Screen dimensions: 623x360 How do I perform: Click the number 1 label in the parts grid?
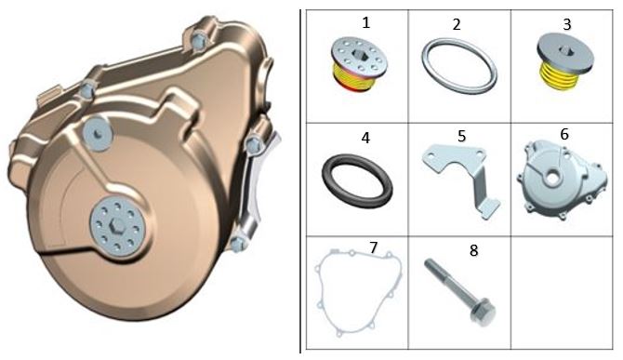click(366, 22)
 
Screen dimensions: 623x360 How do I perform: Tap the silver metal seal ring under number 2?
click(459, 66)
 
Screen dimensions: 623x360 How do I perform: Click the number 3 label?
click(567, 24)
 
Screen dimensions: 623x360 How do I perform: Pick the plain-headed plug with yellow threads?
click(563, 62)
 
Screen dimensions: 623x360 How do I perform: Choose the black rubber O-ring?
click(357, 180)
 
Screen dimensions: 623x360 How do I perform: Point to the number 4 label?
click(365, 138)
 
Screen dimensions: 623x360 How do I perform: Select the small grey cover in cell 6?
click(562, 180)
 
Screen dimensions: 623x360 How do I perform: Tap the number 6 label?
click(564, 134)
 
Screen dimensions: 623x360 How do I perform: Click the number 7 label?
click(373, 247)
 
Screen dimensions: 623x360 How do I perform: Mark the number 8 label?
click(473, 251)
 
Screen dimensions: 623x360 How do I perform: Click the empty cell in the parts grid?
click(562, 293)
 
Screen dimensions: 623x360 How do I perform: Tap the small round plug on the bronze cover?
click(98, 134)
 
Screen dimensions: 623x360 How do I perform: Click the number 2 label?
click(457, 24)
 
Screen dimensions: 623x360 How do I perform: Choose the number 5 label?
click(461, 136)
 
